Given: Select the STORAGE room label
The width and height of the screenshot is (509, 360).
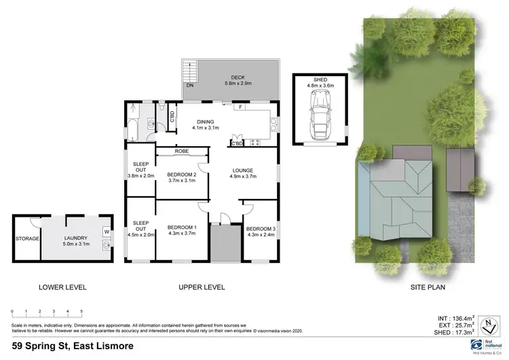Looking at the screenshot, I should (27, 238).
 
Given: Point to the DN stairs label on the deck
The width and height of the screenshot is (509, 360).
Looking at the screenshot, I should (189, 86).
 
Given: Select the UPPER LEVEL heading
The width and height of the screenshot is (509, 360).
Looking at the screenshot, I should (202, 287).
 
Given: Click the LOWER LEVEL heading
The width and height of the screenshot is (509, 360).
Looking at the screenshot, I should (62, 287).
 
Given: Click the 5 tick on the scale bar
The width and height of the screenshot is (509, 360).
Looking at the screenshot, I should (81, 311).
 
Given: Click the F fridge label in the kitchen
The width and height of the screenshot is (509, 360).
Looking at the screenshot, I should (241, 107).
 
